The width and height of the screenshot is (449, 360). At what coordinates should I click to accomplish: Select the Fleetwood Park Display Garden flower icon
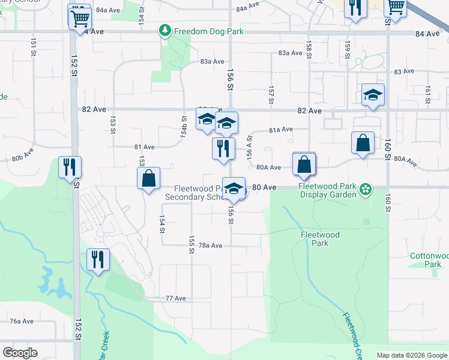(x=366, y=191)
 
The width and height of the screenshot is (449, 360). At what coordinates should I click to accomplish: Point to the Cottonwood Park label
(x=428, y=260)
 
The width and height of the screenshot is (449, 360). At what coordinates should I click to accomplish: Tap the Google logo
(x=20, y=353)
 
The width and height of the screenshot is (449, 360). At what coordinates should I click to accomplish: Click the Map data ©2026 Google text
(x=412, y=355)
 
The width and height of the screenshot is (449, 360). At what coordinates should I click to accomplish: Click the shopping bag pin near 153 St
(x=148, y=178)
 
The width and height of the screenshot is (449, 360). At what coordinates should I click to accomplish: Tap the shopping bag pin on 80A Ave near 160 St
(x=363, y=143)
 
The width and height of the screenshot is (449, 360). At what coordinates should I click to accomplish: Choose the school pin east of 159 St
(x=373, y=95)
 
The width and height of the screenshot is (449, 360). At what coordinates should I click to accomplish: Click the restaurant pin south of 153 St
(x=98, y=259)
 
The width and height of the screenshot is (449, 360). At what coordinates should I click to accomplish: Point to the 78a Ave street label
(x=210, y=245)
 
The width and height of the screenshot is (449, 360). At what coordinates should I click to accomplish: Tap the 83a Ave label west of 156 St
(x=212, y=61)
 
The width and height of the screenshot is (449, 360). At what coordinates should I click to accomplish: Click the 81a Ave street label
(x=280, y=130)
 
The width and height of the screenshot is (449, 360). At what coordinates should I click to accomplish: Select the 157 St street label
(x=271, y=95)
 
